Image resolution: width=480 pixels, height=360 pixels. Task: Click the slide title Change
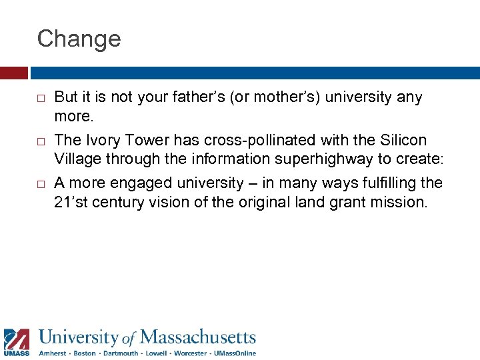(x=79, y=39)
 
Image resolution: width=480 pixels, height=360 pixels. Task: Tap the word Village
(x=77, y=159)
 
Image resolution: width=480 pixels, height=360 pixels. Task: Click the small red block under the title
(x=13, y=73)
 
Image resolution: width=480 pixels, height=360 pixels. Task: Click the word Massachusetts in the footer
(x=198, y=337)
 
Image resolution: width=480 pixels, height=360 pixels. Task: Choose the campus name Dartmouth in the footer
(x=121, y=353)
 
